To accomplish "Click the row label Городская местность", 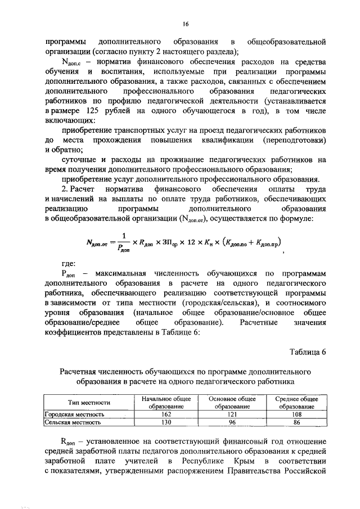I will (x=71, y=413).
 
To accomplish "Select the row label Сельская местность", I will (x=69, y=421).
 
